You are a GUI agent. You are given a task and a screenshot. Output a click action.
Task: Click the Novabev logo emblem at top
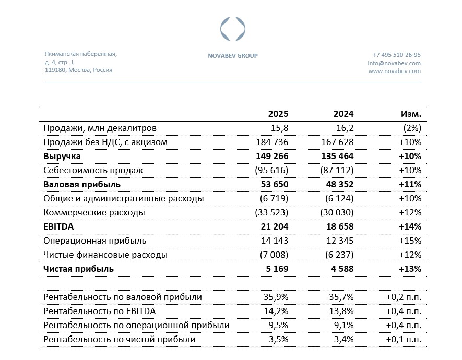pyautogui.click(x=232, y=29)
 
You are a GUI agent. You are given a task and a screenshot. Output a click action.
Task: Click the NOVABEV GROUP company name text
pyautogui.click(x=232, y=56)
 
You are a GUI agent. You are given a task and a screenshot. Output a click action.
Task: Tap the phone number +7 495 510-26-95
pyautogui.click(x=396, y=55)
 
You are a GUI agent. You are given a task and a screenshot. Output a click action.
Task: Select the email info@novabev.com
pyautogui.click(x=394, y=63)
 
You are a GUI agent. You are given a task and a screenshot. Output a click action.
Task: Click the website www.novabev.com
pyautogui.click(x=394, y=71)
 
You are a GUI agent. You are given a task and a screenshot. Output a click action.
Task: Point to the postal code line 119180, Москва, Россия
pyautogui.click(x=78, y=70)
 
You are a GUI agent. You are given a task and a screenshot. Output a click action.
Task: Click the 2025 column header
pyautogui.click(x=278, y=114)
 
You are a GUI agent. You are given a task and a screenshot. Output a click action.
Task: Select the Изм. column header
pyautogui.click(x=411, y=114)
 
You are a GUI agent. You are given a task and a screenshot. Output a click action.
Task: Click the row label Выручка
pyautogui.click(x=62, y=156)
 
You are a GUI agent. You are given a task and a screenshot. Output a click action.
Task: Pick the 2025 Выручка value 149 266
pyautogui.click(x=272, y=156)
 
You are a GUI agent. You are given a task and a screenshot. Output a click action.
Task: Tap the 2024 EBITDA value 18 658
pyautogui.click(x=337, y=226)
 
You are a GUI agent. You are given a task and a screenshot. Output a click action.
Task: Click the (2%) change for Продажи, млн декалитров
pyautogui.click(x=410, y=128)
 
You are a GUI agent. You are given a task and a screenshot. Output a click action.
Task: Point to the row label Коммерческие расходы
pyautogui.click(x=94, y=212)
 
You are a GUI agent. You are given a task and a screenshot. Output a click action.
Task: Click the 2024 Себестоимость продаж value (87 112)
pyautogui.click(x=335, y=170)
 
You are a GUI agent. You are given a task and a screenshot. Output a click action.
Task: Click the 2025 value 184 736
pyautogui.click(x=272, y=142)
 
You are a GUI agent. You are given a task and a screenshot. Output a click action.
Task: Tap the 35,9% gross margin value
pyautogui.click(x=275, y=297)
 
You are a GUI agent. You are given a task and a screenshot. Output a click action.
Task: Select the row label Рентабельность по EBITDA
pyautogui.click(x=99, y=311)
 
